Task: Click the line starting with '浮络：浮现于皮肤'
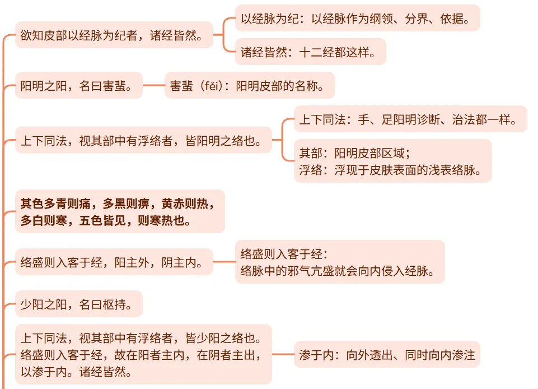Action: coord(391,170)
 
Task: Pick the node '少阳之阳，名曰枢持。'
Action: coord(78,304)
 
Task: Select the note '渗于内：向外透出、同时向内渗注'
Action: coord(386,355)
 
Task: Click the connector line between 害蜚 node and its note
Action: coord(154,85)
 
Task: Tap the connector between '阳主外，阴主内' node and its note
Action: coord(224,262)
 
